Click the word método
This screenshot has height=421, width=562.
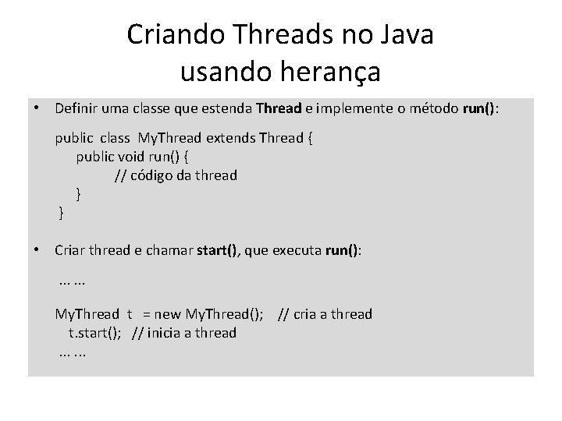pos(431,108)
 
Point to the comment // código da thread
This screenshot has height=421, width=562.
pos(176,175)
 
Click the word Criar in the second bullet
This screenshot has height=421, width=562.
pos(71,250)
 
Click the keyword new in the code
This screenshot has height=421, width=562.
pos(168,314)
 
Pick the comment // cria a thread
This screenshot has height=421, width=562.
pos(325,314)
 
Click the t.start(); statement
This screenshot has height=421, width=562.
pos(98,333)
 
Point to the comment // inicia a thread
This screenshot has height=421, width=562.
pos(184,333)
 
